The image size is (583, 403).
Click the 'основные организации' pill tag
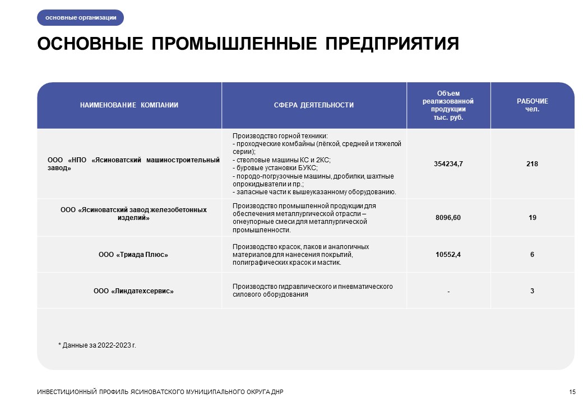[x=80, y=18]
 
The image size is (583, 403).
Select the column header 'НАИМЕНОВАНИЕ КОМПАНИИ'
[x=129, y=105]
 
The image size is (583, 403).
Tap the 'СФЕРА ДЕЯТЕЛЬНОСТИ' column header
[x=314, y=105]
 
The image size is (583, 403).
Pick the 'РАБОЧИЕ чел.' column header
[x=532, y=105]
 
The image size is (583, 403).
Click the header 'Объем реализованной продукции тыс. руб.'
[x=448, y=105]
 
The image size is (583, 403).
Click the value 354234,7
[x=448, y=163]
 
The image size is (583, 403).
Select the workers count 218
[x=532, y=163]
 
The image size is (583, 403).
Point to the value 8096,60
[x=448, y=218]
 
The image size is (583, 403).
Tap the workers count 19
[x=532, y=218]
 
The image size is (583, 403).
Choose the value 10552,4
[x=448, y=255]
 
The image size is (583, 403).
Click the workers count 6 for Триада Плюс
[x=532, y=255]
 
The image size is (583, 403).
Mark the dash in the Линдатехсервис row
[x=448, y=291]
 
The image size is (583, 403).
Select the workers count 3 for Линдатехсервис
[x=532, y=291]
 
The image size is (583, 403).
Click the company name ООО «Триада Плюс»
[x=133, y=255]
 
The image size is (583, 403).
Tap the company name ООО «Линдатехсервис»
[x=133, y=291]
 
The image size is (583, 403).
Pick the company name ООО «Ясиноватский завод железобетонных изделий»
[x=133, y=214]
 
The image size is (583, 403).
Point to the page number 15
[x=572, y=391]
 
